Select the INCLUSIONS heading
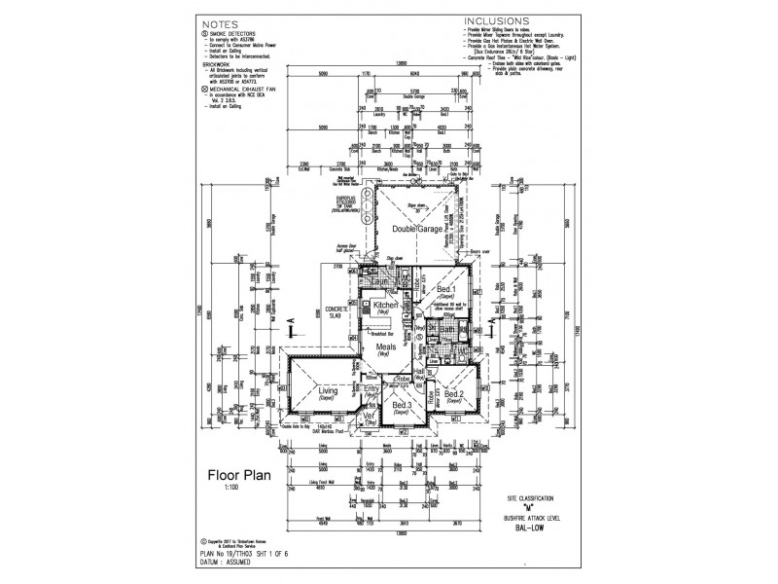[496, 19]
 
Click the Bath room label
[448, 332]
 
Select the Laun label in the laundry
[367, 283]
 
